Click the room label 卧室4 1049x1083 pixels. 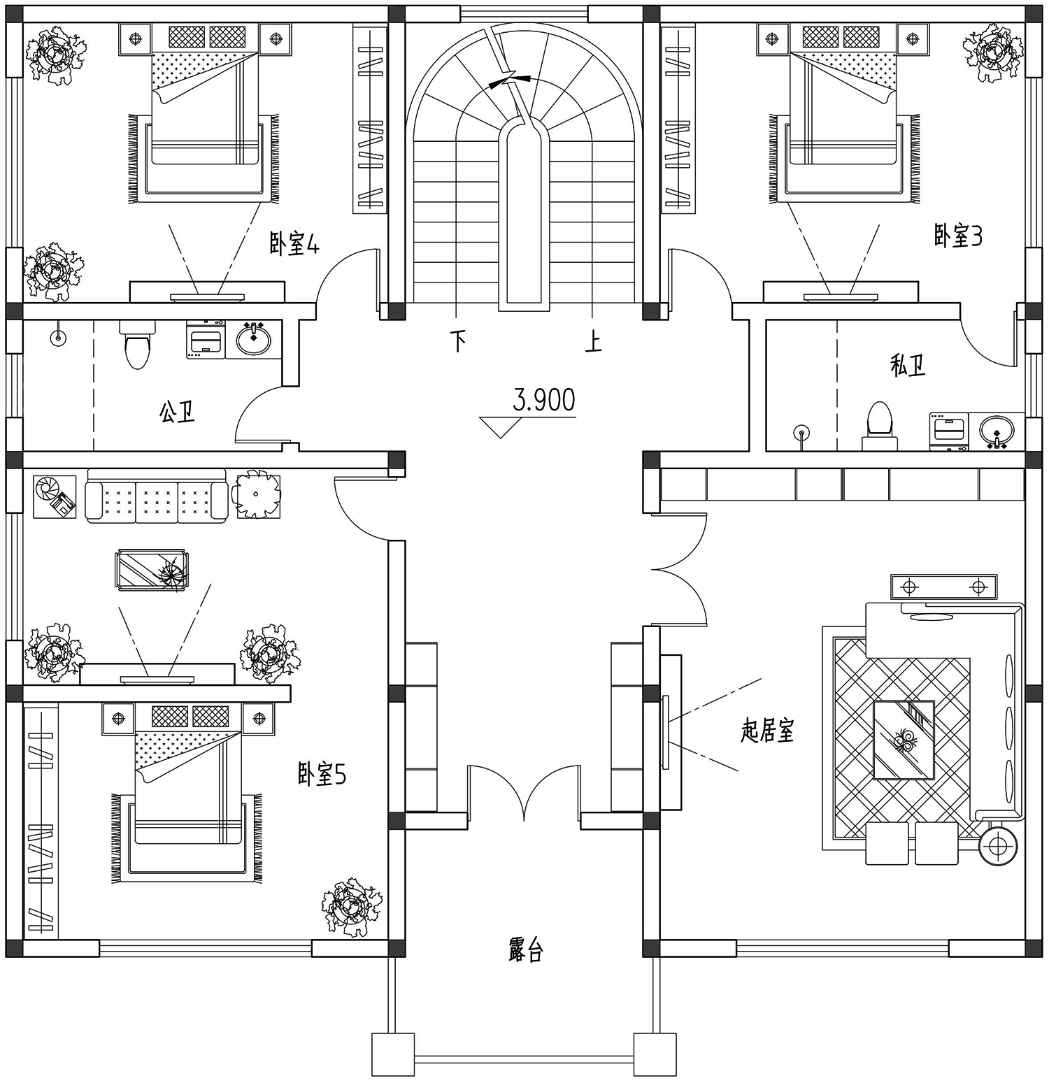pyautogui.click(x=294, y=244)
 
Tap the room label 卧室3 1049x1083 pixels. pyautogui.click(x=958, y=236)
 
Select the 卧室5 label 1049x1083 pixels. pyautogui.click(x=322, y=774)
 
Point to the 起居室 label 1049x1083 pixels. pyautogui.click(x=767, y=731)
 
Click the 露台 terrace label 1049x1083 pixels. pyautogui.click(x=526, y=950)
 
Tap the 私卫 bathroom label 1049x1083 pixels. pyautogui.click(x=908, y=365)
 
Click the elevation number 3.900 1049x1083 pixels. pyautogui.click(x=544, y=400)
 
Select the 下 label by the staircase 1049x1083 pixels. pyautogui.click(x=459, y=341)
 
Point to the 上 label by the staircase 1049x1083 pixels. pyautogui.click(x=593, y=341)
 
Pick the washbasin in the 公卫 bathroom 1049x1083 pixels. pyautogui.click(x=253, y=340)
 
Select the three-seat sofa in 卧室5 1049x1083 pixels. pyautogui.click(x=157, y=496)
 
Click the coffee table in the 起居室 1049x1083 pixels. pyautogui.click(x=904, y=740)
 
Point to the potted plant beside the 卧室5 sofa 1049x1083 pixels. pyautogui.click(x=256, y=495)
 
